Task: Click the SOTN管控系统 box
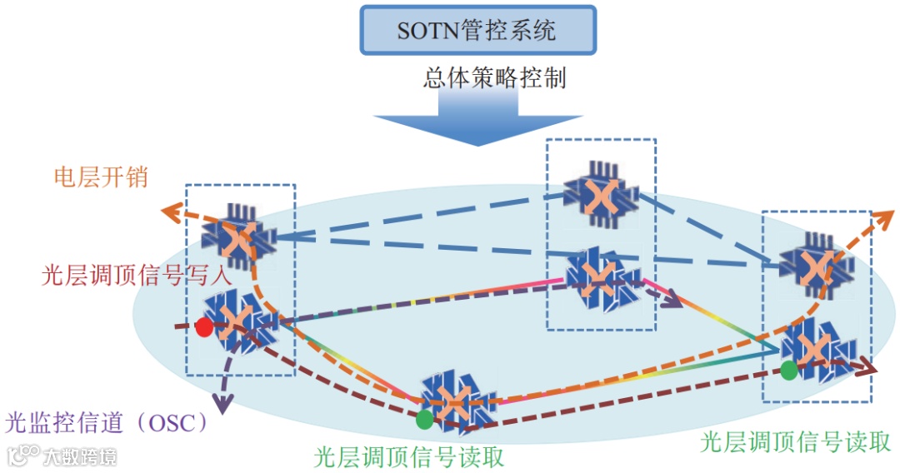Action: point(477,31)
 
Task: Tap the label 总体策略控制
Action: point(494,78)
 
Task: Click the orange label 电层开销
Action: point(101,177)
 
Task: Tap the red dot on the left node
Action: point(203,327)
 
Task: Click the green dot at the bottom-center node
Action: point(425,419)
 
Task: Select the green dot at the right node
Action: point(788,369)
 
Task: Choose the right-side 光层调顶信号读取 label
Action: point(796,441)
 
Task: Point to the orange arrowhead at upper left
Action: point(172,212)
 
